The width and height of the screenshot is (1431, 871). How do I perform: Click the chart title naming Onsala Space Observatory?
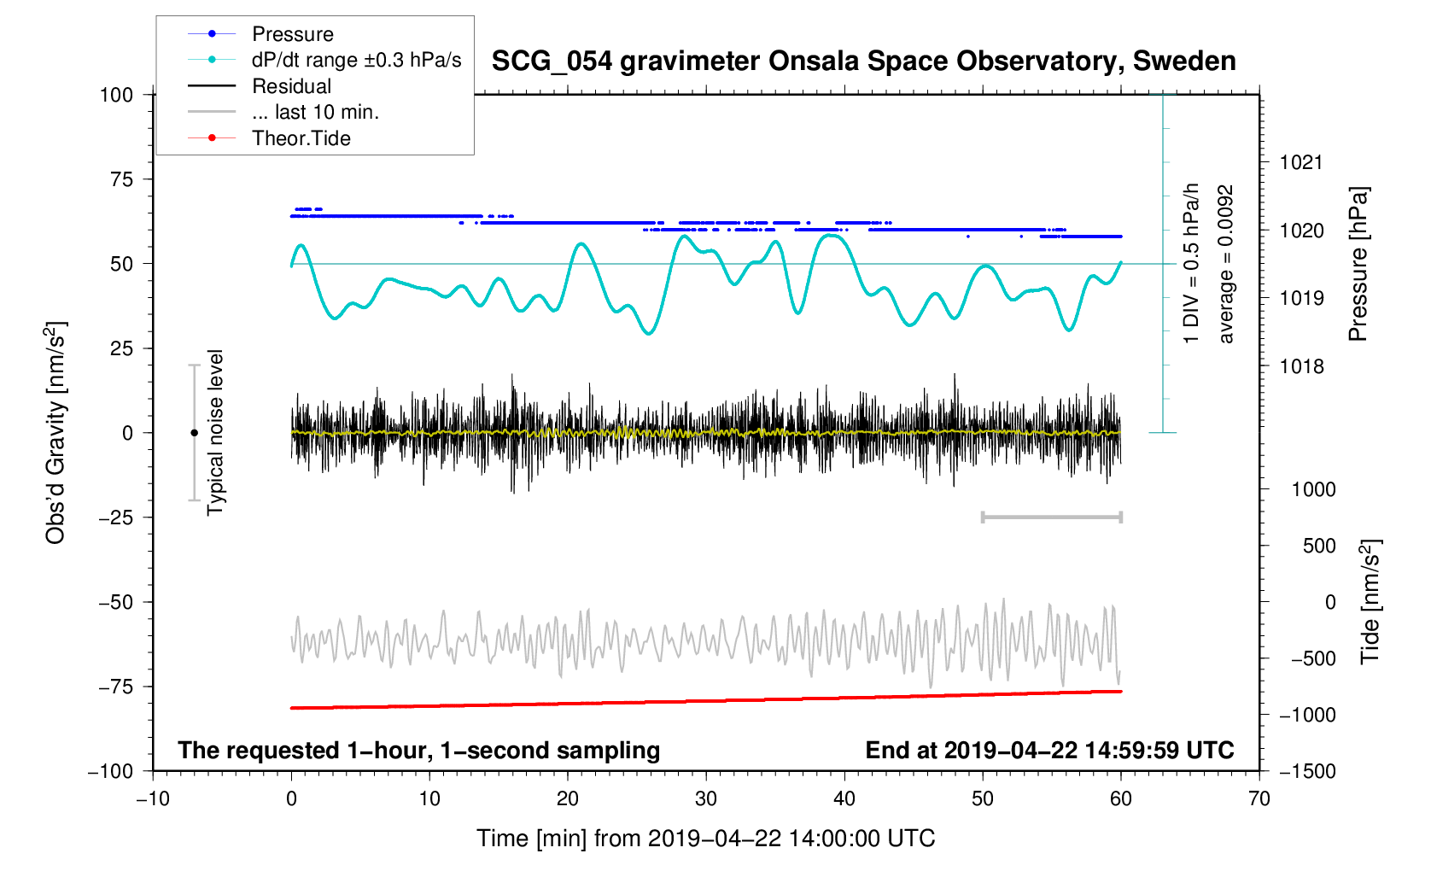point(863,61)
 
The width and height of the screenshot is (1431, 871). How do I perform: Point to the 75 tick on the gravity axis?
point(121,179)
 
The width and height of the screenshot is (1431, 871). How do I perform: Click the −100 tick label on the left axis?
point(110,771)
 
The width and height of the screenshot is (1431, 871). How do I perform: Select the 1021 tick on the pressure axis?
point(1300,162)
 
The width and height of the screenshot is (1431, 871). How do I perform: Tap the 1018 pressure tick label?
point(1300,366)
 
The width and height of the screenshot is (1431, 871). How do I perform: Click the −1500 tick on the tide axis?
point(1307,771)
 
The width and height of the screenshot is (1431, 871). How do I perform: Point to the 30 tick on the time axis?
point(706,798)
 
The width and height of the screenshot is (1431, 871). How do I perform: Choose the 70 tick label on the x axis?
point(1259,798)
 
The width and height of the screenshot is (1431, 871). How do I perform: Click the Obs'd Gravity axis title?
point(55,433)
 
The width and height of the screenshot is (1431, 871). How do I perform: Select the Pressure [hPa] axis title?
point(1358,264)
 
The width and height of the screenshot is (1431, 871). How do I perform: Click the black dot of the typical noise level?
point(194,433)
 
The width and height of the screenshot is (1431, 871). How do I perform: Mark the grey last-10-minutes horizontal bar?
point(1052,517)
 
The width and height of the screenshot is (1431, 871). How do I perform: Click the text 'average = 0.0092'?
point(1226,264)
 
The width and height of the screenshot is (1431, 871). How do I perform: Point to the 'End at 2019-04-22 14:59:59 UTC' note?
point(1049,750)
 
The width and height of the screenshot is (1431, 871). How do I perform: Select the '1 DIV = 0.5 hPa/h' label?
point(1191,264)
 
